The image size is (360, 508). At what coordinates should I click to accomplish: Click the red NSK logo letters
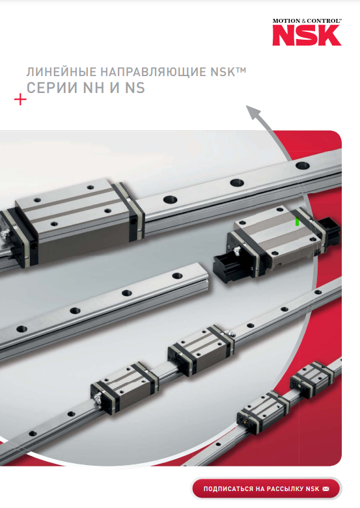[307, 35]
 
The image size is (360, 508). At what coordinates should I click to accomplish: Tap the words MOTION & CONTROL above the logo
[307, 21]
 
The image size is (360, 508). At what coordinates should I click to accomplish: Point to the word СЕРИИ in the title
[52, 88]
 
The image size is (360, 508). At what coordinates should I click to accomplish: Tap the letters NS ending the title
[135, 88]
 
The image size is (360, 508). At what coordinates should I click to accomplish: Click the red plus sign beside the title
[20, 100]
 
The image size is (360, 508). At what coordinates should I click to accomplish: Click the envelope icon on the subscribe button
[325, 488]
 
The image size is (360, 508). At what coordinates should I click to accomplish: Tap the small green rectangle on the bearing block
[297, 221]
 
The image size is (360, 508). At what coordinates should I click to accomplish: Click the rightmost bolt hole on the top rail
[302, 165]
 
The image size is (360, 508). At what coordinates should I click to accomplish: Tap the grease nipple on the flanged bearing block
[236, 250]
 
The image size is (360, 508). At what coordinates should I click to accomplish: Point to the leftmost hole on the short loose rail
[21, 328]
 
